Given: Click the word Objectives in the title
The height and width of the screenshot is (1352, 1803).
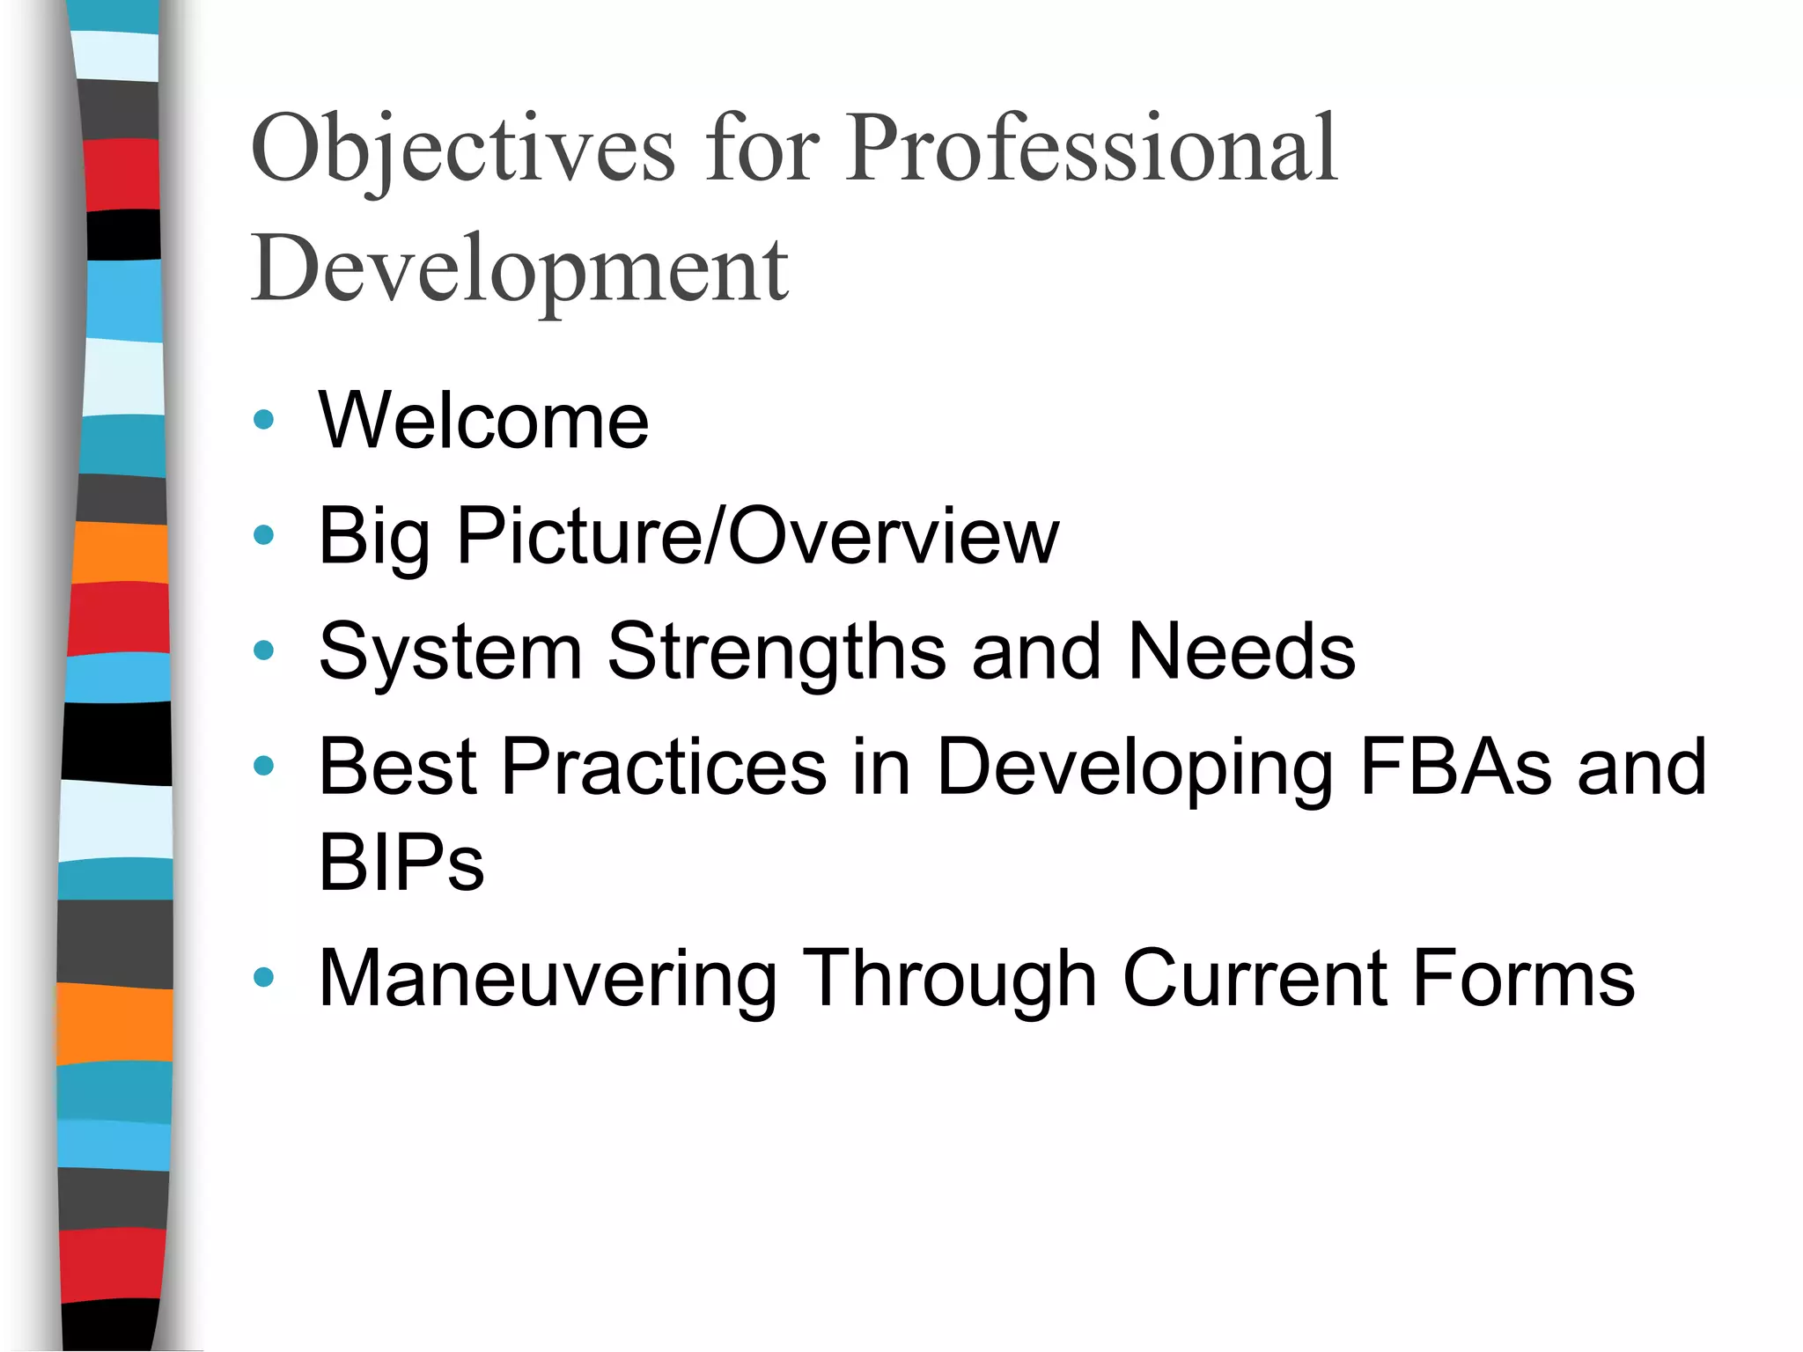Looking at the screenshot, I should (x=463, y=150).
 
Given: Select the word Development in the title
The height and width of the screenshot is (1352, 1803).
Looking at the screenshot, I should (x=519, y=269).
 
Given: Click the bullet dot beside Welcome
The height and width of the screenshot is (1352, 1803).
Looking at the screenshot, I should (x=263, y=420).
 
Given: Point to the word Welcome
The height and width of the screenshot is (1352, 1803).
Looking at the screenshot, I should (x=483, y=421).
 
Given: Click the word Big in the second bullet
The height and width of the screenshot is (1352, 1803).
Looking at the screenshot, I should (x=373, y=537).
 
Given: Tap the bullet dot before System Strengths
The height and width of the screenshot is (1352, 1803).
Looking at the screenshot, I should (x=263, y=650).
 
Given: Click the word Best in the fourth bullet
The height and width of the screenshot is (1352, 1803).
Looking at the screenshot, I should (x=397, y=767).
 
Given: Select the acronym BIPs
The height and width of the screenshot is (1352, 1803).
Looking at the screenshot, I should (x=401, y=863).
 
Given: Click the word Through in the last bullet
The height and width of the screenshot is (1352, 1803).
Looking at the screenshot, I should (x=951, y=979).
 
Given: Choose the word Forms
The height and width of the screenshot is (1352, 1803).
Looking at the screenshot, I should (x=1523, y=978).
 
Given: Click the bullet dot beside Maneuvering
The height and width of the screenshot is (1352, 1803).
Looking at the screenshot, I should (x=263, y=977).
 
